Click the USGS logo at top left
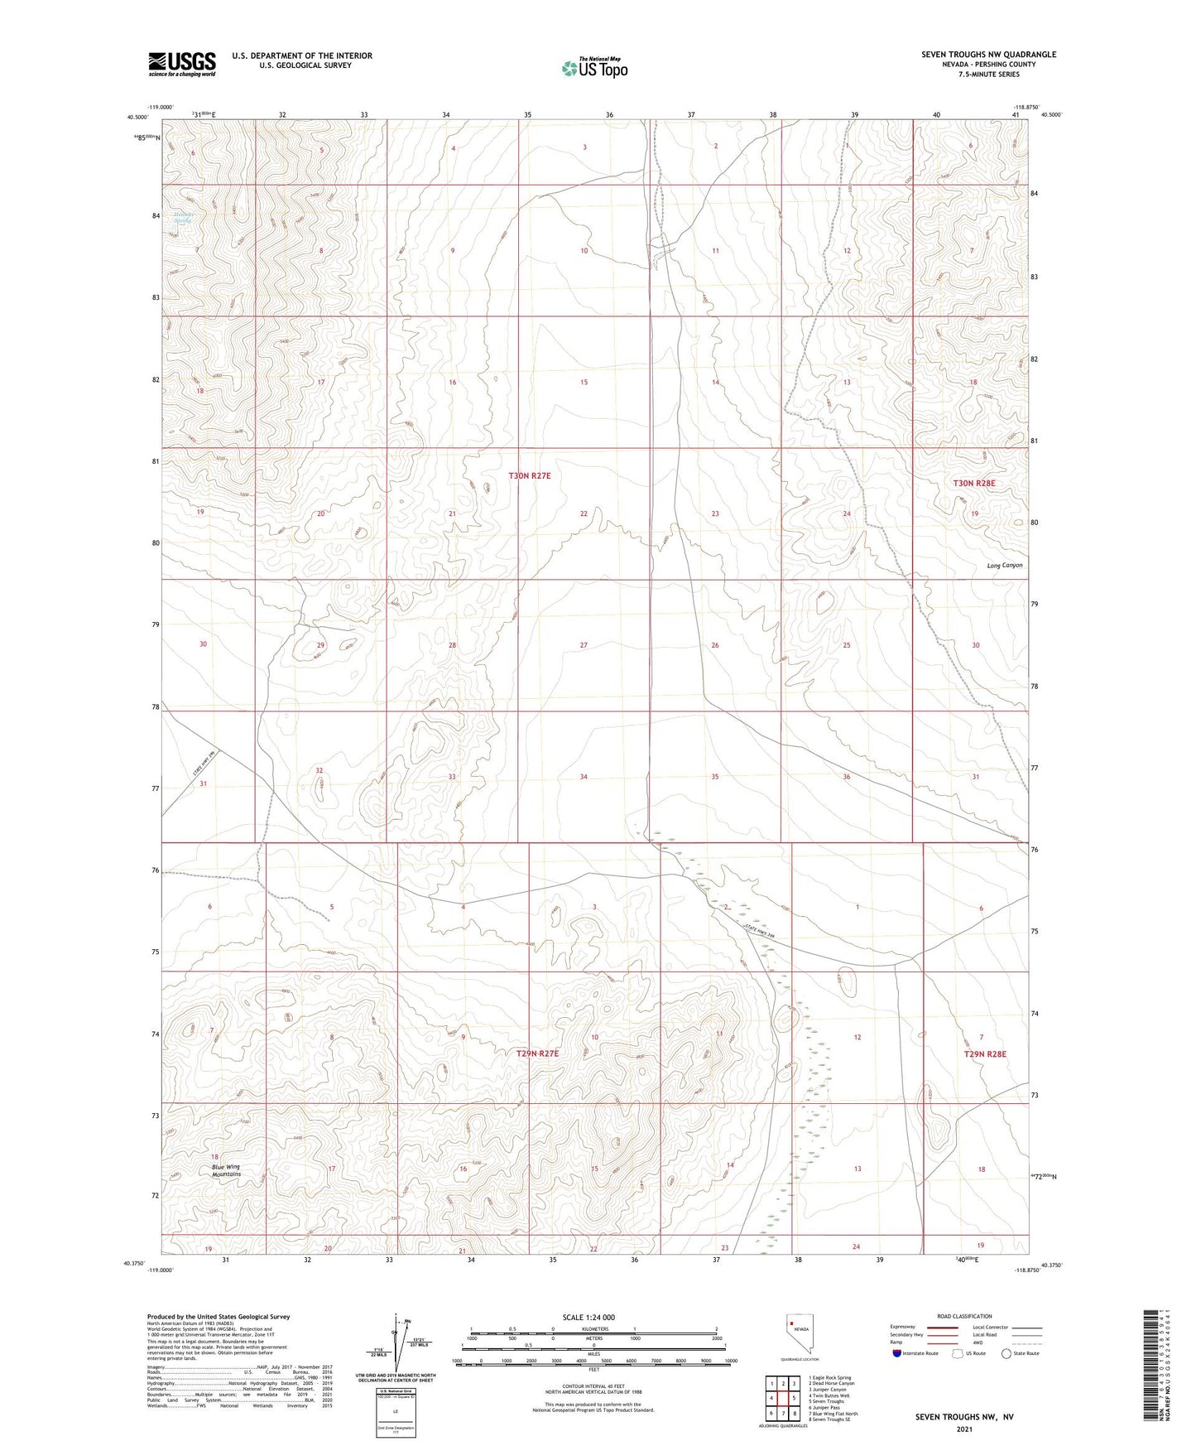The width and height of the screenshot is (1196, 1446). pyautogui.click(x=181, y=64)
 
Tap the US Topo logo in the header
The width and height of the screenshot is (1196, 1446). pyautogui.click(x=593, y=68)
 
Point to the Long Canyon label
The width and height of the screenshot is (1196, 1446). pyautogui.click(x=1004, y=566)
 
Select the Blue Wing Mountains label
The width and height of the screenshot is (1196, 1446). pyautogui.click(x=226, y=1170)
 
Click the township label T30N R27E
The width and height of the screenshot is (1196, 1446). pyautogui.click(x=529, y=476)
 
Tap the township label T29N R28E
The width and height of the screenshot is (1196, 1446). pyautogui.click(x=985, y=1054)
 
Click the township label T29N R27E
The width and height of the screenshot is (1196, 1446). pyautogui.click(x=538, y=1053)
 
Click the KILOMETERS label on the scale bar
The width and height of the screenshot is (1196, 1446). pyautogui.click(x=593, y=1329)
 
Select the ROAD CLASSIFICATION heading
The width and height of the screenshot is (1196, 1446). pyautogui.click(x=964, y=1316)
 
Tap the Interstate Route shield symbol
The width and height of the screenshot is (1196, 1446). pyautogui.click(x=897, y=1353)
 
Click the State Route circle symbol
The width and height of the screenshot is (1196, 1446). pyautogui.click(x=1006, y=1353)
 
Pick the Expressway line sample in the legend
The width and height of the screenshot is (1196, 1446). pyautogui.click(x=943, y=1328)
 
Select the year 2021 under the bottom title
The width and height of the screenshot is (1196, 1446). pyautogui.click(x=963, y=1429)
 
